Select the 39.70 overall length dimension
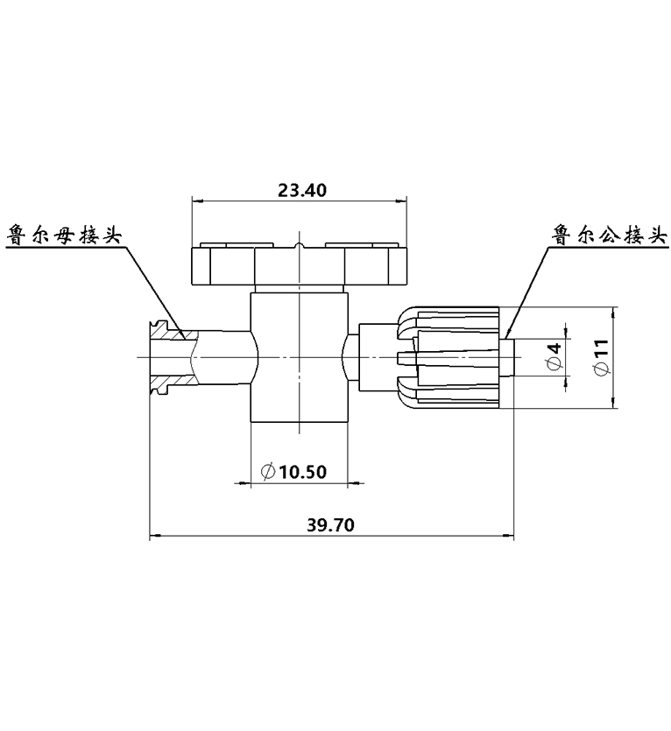(330, 525)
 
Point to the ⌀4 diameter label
(554, 356)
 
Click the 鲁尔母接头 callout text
(64, 235)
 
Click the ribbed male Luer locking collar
(449, 357)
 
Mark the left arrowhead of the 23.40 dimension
(196, 201)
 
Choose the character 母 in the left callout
(64, 235)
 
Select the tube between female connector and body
(222, 357)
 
